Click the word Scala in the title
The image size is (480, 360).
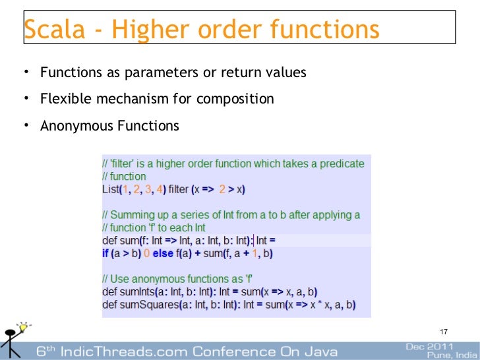[52, 30]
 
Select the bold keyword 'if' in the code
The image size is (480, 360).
[105, 253]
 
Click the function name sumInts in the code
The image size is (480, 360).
[136, 292]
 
